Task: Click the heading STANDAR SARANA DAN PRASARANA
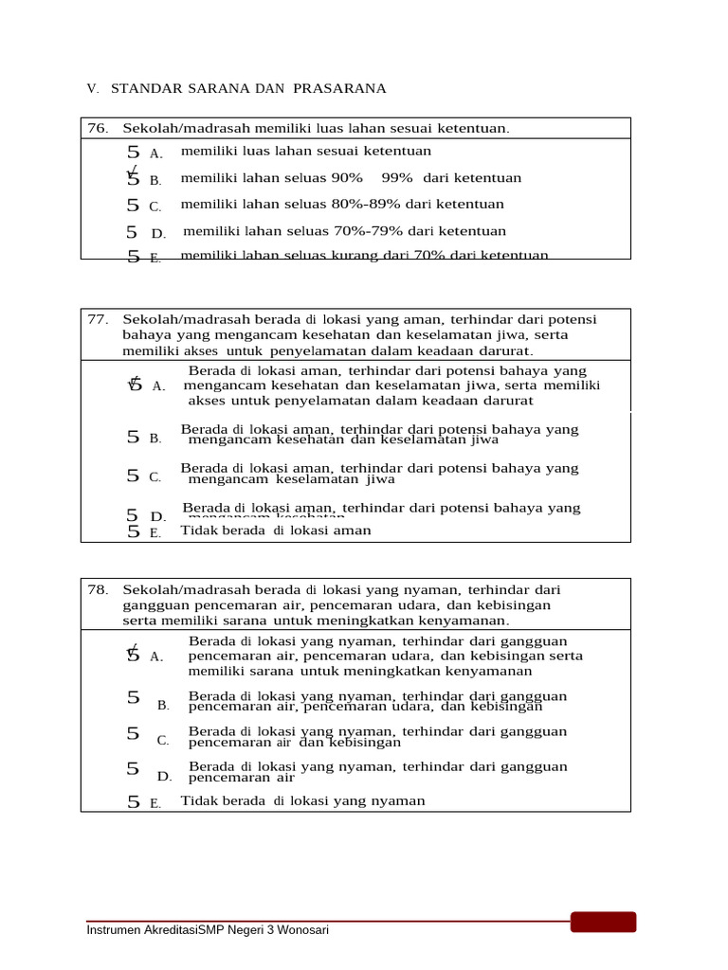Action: [248, 89]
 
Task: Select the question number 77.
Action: [98, 319]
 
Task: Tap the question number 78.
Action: [98, 589]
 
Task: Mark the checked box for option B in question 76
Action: [133, 178]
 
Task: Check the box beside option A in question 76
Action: [133, 152]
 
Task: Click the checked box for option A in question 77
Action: [134, 384]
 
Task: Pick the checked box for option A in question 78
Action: [133, 654]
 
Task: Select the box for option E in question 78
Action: [134, 801]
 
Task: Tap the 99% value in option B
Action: [397, 178]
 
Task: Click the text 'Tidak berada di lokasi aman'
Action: [276, 530]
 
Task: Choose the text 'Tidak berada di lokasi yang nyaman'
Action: [302, 801]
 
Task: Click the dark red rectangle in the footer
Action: [603, 922]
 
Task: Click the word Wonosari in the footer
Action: [302, 930]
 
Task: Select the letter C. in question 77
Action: [155, 477]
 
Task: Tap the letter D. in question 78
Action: [165, 777]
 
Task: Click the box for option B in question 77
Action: [133, 437]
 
